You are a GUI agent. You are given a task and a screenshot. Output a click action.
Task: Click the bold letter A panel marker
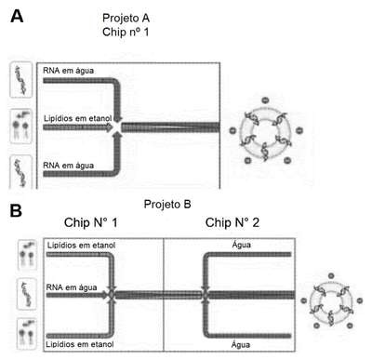pos(17,16)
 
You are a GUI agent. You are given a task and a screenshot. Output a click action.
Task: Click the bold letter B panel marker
pos(16,210)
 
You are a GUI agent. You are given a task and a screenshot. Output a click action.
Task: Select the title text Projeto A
pos(126,18)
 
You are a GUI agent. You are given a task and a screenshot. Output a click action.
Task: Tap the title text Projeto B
pos(167,205)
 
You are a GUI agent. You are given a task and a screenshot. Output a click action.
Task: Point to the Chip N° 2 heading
pos(232,222)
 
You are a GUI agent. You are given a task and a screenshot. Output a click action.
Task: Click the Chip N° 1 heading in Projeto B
pos(91,222)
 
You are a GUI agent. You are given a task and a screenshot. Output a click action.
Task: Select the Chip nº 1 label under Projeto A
pos(126,32)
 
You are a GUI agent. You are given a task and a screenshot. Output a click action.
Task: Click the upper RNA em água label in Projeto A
pos(68,71)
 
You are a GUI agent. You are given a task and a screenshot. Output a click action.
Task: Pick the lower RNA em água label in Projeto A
pos(68,166)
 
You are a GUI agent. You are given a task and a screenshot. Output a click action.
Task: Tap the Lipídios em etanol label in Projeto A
pos(78,118)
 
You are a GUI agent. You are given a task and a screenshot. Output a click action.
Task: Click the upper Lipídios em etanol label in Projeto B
pos(81,246)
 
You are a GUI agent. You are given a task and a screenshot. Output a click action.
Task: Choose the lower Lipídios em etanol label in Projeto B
pos(80,344)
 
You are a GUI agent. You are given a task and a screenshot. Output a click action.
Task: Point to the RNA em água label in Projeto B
pos(72,287)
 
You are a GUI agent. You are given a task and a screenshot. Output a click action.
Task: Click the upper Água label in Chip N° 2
pos(242,245)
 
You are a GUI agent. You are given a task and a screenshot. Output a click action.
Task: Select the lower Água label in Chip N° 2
pos(241,344)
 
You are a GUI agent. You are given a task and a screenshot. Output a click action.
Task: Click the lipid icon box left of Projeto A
pos(21,127)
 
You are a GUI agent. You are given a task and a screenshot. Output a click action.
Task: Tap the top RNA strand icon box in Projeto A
pos(21,80)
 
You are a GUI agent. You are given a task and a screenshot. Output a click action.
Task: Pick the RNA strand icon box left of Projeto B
pos(27,294)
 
